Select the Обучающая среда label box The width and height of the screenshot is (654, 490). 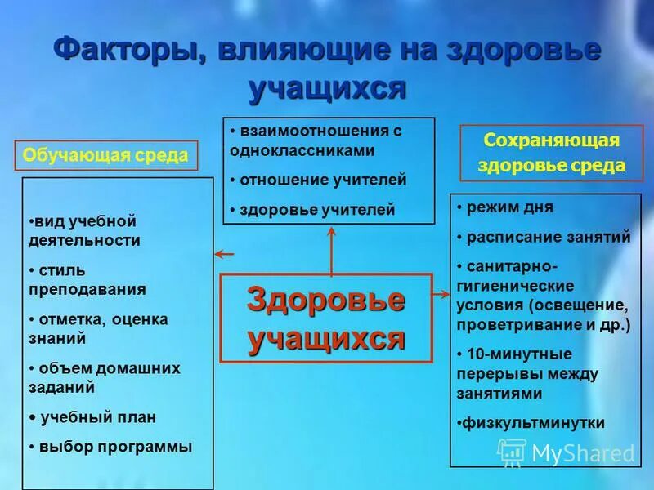(105, 155)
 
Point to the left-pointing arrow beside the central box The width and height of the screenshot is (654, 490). (223, 256)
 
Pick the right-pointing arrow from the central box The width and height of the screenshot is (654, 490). (441, 292)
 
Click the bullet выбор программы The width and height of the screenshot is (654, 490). (115, 447)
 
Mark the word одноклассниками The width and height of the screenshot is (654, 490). (302, 150)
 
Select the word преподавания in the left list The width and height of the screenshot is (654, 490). (86, 289)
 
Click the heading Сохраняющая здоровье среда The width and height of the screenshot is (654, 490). (552, 153)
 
